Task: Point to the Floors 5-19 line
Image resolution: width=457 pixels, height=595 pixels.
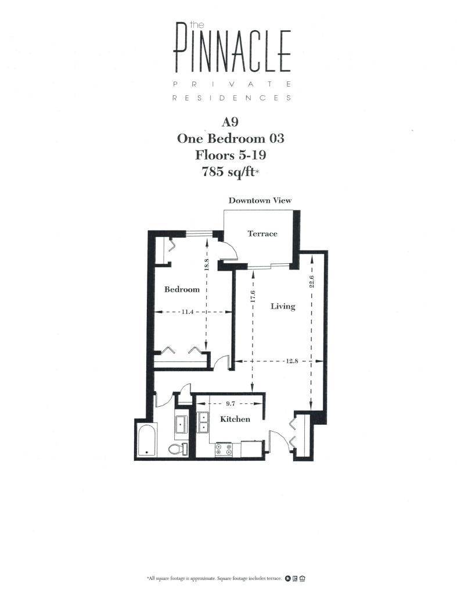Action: pyautogui.click(x=231, y=155)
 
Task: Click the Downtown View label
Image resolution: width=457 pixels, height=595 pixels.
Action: pyautogui.click(x=260, y=200)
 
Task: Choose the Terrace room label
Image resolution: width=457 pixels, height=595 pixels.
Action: pyautogui.click(x=262, y=234)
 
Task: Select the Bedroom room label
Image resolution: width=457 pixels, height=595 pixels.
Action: pyautogui.click(x=182, y=289)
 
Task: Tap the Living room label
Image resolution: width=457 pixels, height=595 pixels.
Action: pyautogui.click(x=283, y=306)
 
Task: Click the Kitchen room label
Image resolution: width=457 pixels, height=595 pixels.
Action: pyautogui.click(x=235, y=419)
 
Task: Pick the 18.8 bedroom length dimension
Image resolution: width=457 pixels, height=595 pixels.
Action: pyautogui.click(x=206, y=264)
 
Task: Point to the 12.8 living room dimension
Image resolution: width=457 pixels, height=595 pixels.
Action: pyautogui.click(x=292, y=361)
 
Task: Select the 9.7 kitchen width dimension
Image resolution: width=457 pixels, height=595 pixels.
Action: pyautogui.click(x=231, y=403)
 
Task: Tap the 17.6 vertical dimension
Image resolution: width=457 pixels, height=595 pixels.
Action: pyautogui.click(x=251, y=296)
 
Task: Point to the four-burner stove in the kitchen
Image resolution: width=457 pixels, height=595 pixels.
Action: pyautogui.click(x=224, y=449)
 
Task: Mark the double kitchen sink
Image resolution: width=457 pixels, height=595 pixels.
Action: pyautogui.click(x=203, y=422)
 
